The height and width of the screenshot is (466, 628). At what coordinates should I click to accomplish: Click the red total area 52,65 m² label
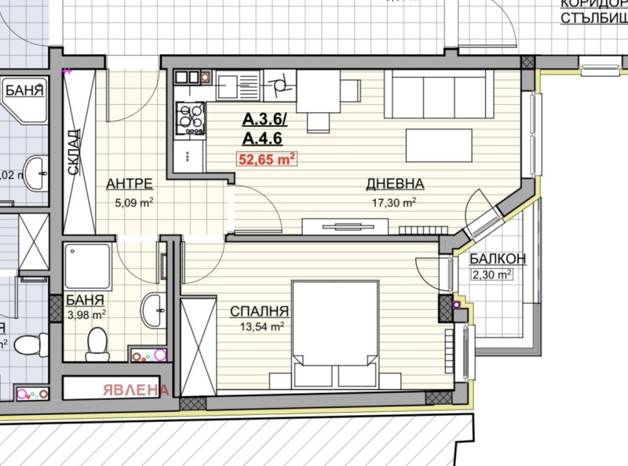(266, 158)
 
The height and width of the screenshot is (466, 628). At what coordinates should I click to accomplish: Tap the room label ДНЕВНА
(395, 184)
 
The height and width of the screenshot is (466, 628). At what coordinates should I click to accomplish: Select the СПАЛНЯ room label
(260, 311)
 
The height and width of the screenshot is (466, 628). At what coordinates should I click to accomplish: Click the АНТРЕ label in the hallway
(129, 184)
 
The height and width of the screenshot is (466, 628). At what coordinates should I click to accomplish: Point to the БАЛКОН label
(498, 260)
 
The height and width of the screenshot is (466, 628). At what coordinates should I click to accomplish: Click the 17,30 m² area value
(393, 202)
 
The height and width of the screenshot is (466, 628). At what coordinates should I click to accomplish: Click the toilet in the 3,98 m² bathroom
(98, 342)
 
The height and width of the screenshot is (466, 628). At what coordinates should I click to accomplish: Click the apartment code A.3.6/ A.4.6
(265, 129)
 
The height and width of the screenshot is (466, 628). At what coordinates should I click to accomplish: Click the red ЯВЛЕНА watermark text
(133, 389)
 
